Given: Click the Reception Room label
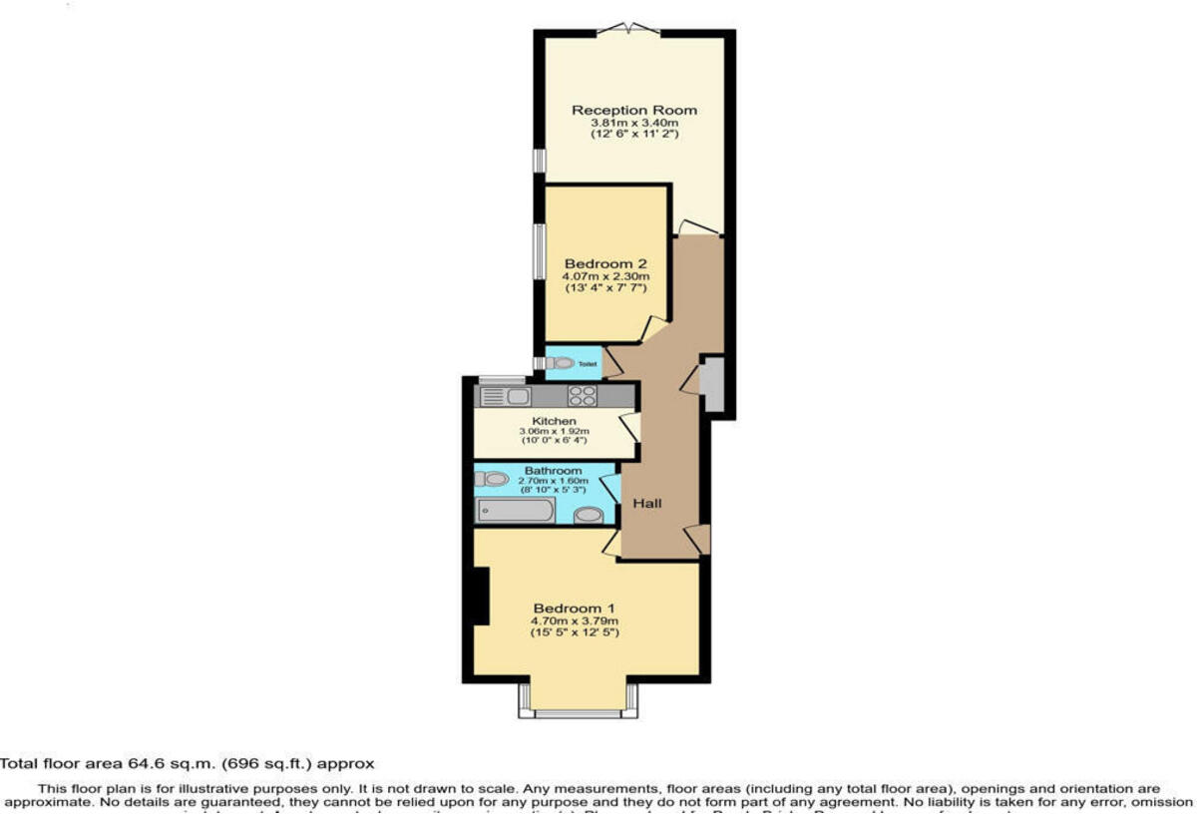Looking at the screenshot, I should click(633, 110).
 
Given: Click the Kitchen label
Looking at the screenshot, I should click(554, 422).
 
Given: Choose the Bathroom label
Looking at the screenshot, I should click(554, 471).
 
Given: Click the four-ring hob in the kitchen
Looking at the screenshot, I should click(583, 396).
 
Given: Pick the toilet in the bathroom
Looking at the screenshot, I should click(492, 479).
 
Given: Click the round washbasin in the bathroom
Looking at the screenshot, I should click(590, 515).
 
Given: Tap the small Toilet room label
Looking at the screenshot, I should click(588, 364).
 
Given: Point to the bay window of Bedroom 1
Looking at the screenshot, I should click(578, 711).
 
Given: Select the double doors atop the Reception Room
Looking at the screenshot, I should click(634, 29).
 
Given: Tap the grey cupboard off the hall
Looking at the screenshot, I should click(713, 382).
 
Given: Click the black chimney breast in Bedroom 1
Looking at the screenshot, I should click(480, 596).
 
